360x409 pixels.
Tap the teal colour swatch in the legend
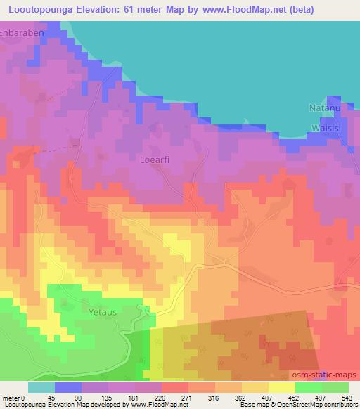41,387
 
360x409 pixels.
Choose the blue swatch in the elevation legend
68,387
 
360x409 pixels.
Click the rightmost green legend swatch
335,387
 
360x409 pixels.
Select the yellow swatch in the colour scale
282,387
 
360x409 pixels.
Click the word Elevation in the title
102,9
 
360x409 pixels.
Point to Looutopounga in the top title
39,9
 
